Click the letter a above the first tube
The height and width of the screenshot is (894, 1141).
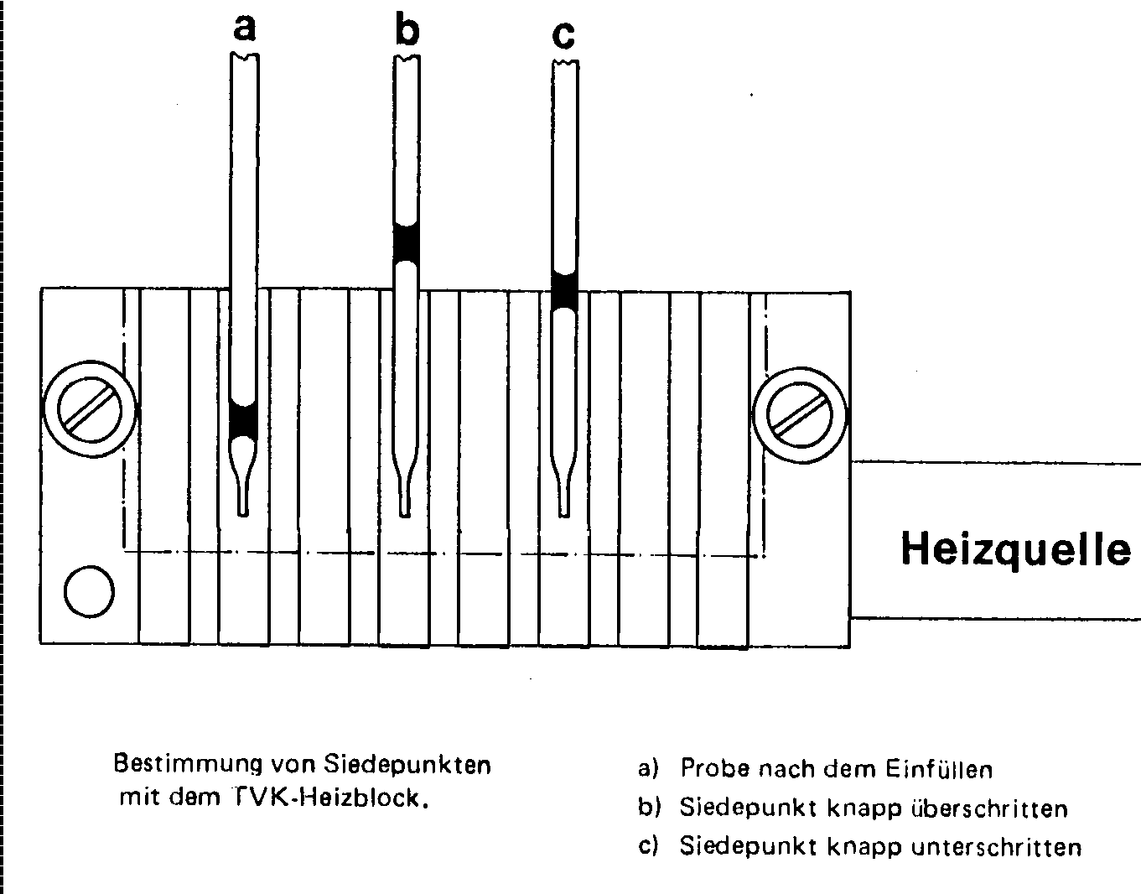(244, 28)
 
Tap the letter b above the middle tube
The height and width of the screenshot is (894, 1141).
(407, 30)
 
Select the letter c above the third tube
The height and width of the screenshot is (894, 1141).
(564, 36)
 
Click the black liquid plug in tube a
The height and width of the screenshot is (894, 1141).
(243, 420)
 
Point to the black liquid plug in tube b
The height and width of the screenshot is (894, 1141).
(406, 242)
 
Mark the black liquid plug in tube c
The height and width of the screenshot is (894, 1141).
(564, 292)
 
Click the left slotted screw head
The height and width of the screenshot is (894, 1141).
(90, 409)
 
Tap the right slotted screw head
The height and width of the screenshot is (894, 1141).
(800, 415)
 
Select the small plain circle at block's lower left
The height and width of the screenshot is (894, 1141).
(89, 591)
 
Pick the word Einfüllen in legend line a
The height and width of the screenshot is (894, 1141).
(939, 770)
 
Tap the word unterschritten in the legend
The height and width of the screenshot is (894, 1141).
(996, 847)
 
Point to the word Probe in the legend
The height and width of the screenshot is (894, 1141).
(715, 769)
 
